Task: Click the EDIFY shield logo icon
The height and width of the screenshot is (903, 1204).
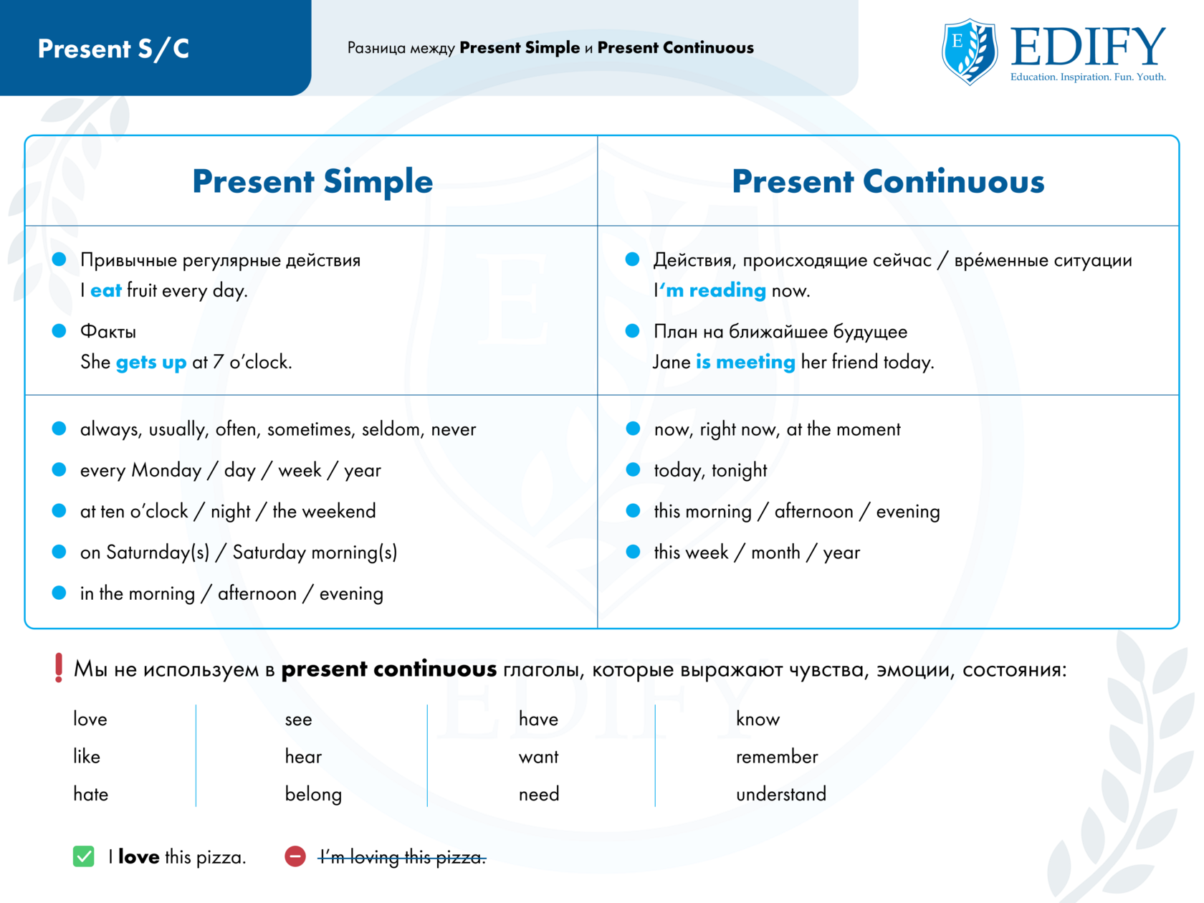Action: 969,52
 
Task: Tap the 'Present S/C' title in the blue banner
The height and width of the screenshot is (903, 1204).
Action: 113,49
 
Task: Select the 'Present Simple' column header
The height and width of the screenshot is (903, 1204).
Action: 312,181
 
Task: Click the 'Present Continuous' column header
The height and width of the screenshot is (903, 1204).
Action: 888,181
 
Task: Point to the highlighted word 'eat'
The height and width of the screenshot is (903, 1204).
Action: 106,290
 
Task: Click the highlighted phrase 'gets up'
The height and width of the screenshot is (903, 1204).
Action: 151,363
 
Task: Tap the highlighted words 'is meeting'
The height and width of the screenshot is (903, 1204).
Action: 745,362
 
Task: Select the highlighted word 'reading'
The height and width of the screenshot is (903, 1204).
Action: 727,290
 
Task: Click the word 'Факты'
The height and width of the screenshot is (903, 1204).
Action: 108,332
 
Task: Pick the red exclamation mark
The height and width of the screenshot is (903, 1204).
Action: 59,668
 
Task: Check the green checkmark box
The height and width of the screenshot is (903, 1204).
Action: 83,856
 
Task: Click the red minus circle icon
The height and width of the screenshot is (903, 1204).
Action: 295,856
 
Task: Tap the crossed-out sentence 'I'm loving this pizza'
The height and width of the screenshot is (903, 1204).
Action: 402,857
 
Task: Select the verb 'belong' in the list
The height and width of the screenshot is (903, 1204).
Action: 313,795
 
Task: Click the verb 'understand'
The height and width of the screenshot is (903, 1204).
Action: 781,794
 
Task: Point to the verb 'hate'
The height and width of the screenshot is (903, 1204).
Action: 90,794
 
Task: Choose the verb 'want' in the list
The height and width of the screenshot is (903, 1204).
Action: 539,758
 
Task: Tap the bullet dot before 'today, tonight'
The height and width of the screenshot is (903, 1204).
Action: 633,469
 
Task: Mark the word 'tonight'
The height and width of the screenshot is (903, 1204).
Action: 740,470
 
